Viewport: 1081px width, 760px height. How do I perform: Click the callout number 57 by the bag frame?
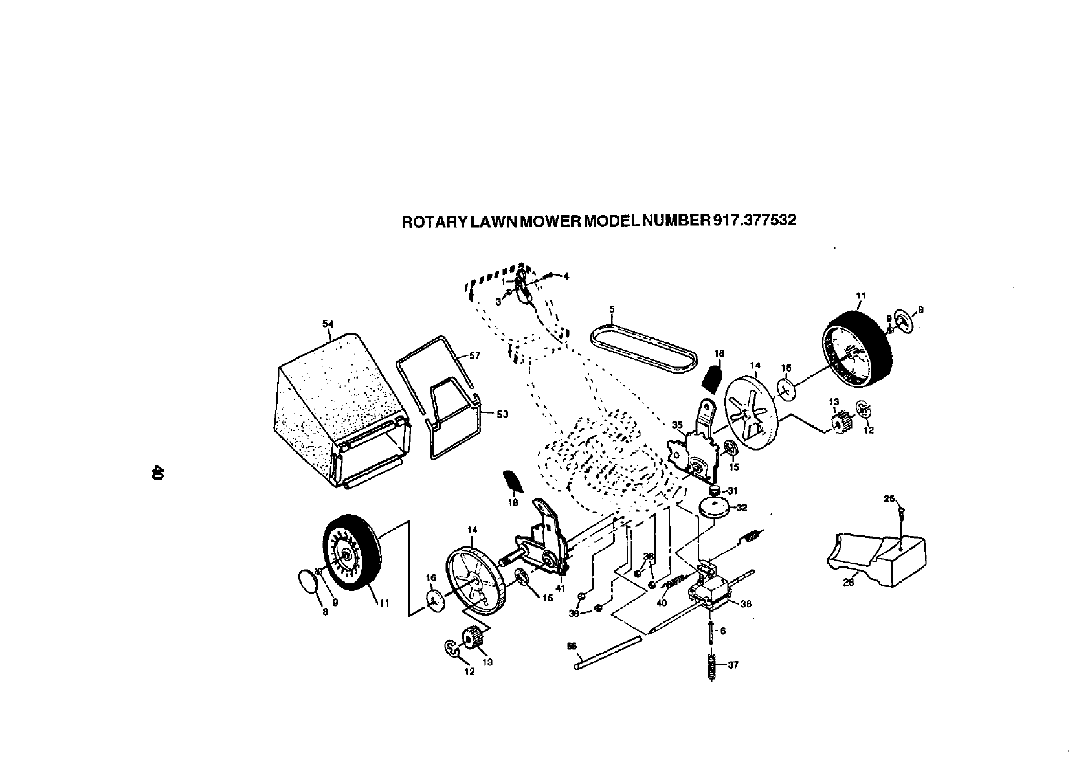475,355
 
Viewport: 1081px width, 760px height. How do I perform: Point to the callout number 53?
502,415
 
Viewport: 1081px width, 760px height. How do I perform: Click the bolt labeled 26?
901,512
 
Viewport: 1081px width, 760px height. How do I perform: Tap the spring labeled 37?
712,666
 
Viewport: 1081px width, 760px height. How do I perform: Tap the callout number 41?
561,588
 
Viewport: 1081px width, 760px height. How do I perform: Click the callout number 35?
677,425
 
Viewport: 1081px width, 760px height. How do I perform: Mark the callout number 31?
733,490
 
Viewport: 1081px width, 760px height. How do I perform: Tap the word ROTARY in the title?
435,221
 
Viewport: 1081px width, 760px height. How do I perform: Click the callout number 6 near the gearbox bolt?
723,631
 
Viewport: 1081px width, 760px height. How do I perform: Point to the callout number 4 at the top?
566,276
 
